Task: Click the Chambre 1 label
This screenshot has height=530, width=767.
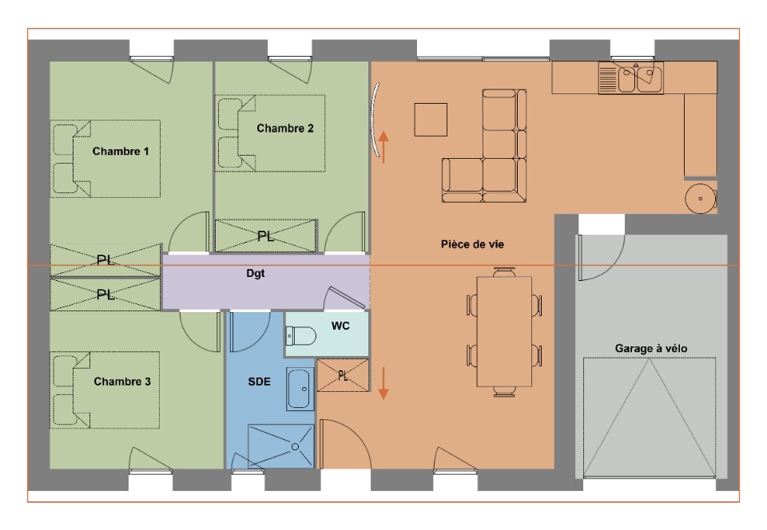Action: click(121, 152)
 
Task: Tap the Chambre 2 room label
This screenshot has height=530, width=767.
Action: click(284, 129)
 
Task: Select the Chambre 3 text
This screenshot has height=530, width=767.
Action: click(121, 382)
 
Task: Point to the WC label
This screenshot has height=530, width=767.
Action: click(340, 326)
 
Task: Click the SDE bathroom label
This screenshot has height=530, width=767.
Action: click(259, 382)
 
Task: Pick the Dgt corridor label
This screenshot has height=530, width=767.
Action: click(256, 274)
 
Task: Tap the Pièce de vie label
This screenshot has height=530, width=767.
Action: click(472, 244)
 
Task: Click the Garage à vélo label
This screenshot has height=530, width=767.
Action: click(651, 349)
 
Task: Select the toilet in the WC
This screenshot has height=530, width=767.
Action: click(300, 336)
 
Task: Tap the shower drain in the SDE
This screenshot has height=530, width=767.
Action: click(296, 447)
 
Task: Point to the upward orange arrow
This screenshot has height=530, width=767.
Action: click(384, 147)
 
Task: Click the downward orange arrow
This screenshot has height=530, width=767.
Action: click(384, 383)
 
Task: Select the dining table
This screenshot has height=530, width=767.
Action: click(504, 332)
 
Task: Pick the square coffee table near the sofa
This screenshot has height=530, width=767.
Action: click(431, 119)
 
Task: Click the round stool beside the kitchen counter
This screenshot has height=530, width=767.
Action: click(701, 198)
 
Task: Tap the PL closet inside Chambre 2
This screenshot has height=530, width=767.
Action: click(265, 236)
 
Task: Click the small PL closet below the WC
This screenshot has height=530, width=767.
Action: click(343, 375)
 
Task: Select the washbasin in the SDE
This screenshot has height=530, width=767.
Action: click(300, 390)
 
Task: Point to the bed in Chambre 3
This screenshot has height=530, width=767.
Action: click(105, 390)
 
